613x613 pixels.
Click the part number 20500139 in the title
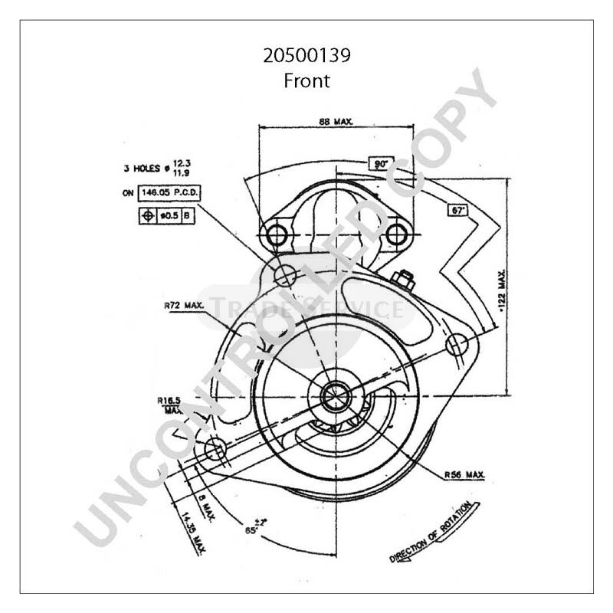[306, 56]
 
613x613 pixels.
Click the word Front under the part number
[306, 80]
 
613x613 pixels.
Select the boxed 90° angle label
[381, 163]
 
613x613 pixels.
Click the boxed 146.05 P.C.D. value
[164, 193]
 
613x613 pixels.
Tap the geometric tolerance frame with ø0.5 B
[166, 216]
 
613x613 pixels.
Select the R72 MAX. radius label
[184, 305]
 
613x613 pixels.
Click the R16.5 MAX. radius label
[169, 404]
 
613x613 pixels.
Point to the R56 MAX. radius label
[465, 475]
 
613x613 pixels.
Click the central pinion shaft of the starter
[335, 396]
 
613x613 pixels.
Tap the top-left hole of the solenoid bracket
[274, 234]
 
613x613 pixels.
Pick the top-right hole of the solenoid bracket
[395, 234]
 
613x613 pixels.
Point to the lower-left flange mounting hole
[215, 447]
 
